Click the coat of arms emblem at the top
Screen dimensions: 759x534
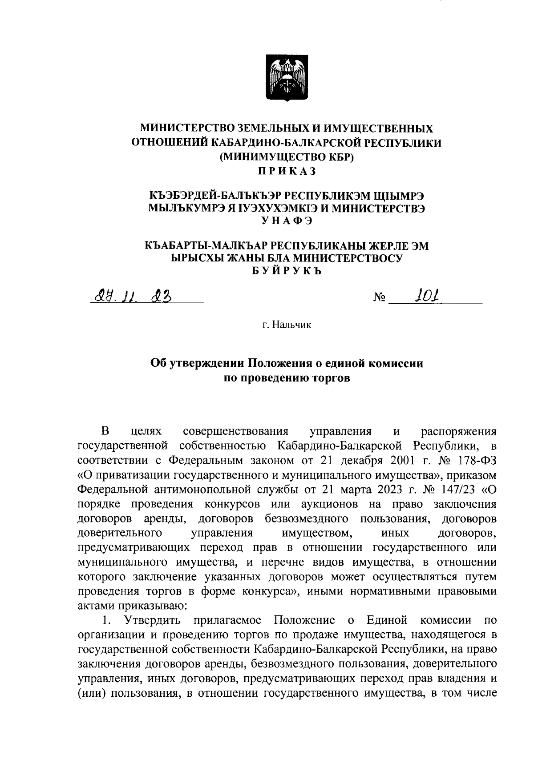pos(287,78)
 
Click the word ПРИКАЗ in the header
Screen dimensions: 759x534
pos(287,170)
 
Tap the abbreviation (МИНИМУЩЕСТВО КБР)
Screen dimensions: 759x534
pos(287,157)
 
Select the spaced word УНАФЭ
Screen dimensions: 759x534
pos(287,220)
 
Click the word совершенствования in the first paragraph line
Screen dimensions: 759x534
pos(235,431)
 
